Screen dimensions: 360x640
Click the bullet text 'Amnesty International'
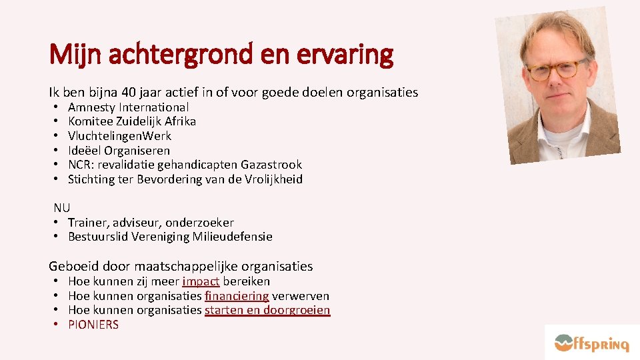pyautogui.click(x=128, y=107)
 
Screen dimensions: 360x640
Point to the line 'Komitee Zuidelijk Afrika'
pyautogui.click(x=132, y=121)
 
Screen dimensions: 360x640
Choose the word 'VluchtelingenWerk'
pyautogui.click(x=119, y=136)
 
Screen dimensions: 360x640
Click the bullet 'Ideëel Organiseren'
pyautogui.click(x=119, y=151)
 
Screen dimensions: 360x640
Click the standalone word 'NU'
pyautogui.click(x=62, y=208)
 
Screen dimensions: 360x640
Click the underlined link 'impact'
pyautogui.click(x=201, y=281)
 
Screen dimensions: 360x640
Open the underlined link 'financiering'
pyautogui.click(x=237, y=296)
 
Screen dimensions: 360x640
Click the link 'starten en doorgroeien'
pyautogui.click(x=267, y=310)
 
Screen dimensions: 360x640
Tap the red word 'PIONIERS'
pyautogui.click(x=93, y=325)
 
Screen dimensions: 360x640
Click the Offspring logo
pyautogui.click(x=591, y=343)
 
